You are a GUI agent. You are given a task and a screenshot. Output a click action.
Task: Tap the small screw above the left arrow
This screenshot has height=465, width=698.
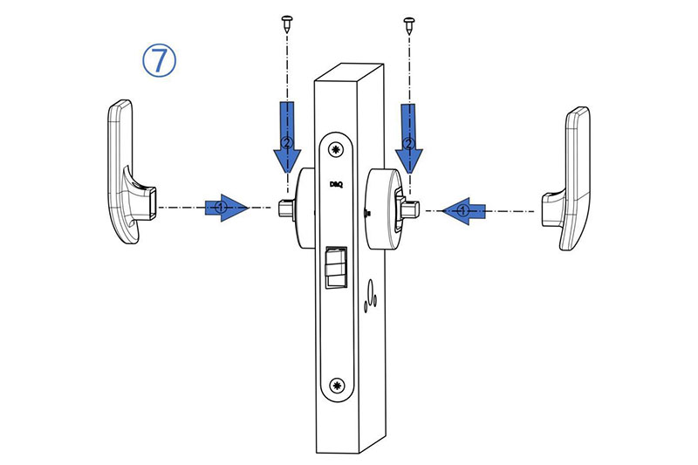click(x=287, y=24)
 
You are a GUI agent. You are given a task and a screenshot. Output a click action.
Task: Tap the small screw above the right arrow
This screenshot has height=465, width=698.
click(x=408, y=24)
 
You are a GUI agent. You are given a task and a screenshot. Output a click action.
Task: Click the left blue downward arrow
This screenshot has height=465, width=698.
click(x=287, y=137)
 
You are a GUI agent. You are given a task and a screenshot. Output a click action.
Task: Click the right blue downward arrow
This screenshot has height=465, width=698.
click(x=408, y=138)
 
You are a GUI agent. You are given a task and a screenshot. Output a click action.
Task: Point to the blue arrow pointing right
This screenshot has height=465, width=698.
click(x=227, y=208)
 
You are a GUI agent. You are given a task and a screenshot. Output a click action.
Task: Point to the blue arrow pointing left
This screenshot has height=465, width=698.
click(x=463, y=210)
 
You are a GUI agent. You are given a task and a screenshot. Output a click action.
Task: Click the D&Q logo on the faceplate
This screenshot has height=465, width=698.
click(x=336, y=184)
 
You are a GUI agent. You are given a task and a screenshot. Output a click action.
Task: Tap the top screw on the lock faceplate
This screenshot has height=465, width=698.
click(x=335, y=149)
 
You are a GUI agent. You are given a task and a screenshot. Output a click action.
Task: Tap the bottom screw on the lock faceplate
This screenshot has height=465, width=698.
click(x=337, y=386)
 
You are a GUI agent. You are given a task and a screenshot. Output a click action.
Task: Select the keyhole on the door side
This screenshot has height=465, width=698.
click(x=370, y=296)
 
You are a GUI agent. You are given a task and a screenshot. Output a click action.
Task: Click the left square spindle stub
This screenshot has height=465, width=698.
click(x=285, y=209)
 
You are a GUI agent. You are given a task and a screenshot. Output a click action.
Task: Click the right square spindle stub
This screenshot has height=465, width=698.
click(x=411, y=209)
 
